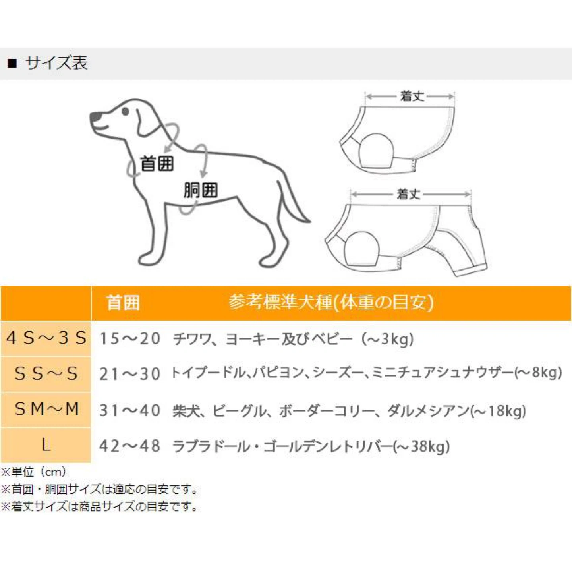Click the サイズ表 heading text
coord(56,63)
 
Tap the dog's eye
coord(125,112)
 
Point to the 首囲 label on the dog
coord(157,164)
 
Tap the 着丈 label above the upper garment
coord(412,96)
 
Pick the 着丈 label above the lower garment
coord(409,194)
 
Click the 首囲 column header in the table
coord(123,303)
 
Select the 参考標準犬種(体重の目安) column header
coord(331,303)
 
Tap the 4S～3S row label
coord(46,338)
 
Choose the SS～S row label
coord(46,373)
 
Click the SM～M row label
coord(46,409)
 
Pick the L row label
coord(46,445)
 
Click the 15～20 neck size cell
coord(130,339)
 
